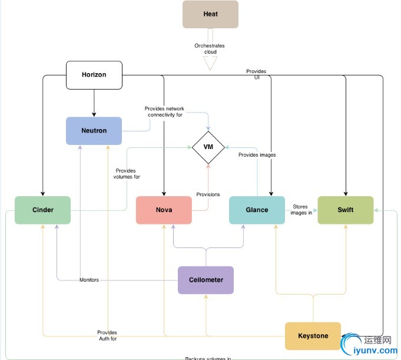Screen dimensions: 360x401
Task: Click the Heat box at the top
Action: (210, 14)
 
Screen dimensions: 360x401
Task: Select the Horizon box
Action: (94, 75)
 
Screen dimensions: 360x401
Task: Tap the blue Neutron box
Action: (94, 130)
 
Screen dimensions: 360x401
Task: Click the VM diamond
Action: (208, 147)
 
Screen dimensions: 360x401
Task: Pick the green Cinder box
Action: (42, 210)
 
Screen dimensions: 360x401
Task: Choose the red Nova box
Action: (164, 210)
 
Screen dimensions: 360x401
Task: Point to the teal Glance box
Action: (257, 210)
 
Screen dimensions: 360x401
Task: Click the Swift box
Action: (346, 210)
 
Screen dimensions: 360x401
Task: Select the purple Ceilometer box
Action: (206, 280)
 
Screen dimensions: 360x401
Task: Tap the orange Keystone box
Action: (313, 336)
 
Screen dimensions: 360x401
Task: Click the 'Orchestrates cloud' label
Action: (210, 48)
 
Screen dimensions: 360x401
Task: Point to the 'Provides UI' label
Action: (256, 74)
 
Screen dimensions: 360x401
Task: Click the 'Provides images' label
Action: (257, 155)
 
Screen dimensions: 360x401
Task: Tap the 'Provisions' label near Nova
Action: (208, 194)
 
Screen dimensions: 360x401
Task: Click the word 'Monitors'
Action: (90, 280)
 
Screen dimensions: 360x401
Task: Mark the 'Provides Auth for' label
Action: (107, 336)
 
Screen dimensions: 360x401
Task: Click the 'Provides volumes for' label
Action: (128, 174)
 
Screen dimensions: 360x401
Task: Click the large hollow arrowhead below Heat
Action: (210, 63)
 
